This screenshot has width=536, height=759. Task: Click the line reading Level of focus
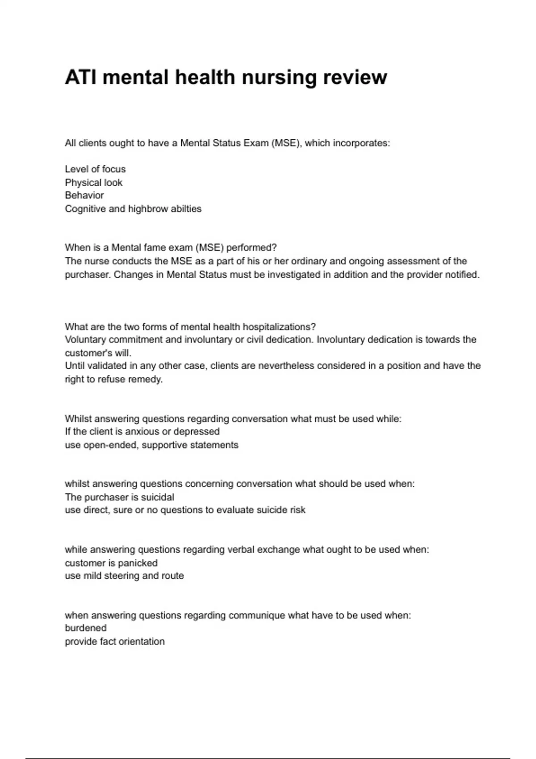95,169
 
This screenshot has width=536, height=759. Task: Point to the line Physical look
93,183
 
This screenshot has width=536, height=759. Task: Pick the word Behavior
84,196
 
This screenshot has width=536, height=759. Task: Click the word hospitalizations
279,327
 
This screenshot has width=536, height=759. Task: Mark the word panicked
138,563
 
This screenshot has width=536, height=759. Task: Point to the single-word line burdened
86,628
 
